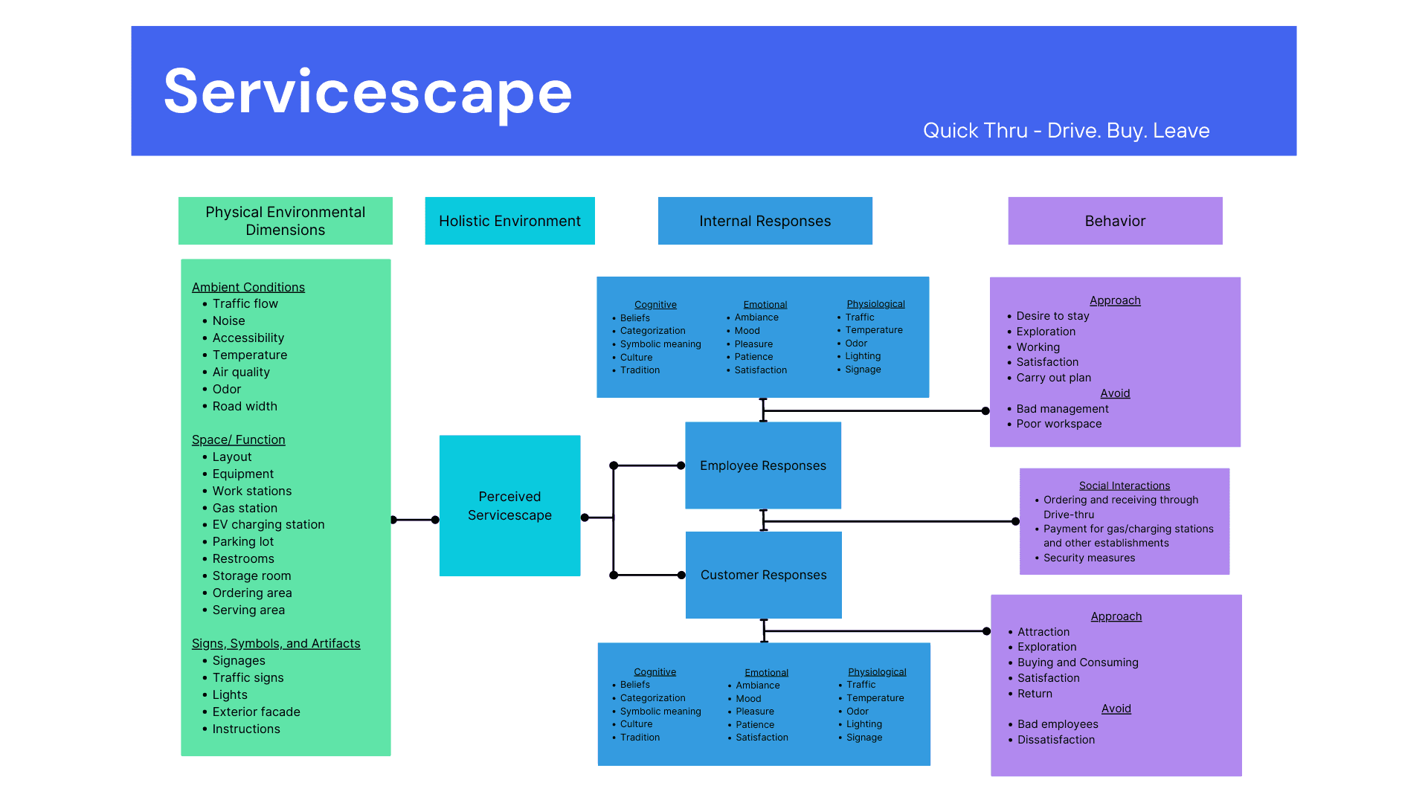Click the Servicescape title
(367, 92)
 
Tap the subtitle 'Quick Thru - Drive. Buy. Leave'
(1066, 131)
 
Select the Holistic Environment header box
(509, 221)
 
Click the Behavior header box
(1115, 221)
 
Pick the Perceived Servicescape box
(509, 506)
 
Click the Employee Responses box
(763, 465)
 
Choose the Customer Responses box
(764, 575)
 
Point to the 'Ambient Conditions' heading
(248, 287)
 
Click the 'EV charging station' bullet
(268, 524)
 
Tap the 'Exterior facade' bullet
(257, 712)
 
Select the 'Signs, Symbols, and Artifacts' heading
(276, 643)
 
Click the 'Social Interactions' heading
(1125, 486)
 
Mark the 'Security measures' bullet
(1089, 558)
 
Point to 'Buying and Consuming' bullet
(1078, 662)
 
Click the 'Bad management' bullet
(1062, 409)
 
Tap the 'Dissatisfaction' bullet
(1056, 740)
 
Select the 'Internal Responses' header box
(765, 221)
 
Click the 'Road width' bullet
(245, 406)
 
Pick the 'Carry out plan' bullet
(1054, 378)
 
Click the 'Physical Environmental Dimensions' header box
(286, 221)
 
